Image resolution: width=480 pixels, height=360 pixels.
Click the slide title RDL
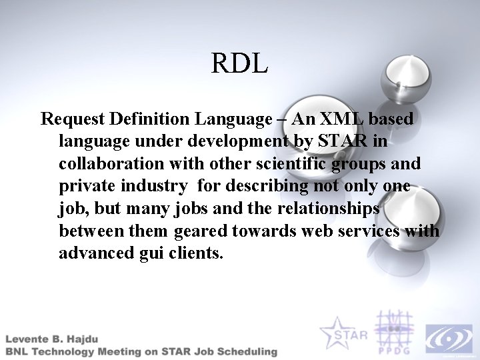click(x=240, y=63)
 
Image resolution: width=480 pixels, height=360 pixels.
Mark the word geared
click(x=203, y=231)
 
